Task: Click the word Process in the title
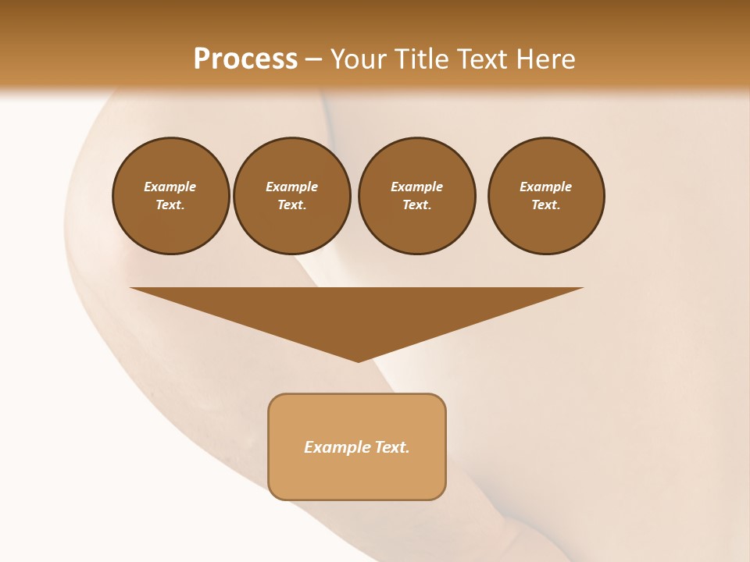[245, 59]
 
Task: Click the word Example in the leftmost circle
[170, 187]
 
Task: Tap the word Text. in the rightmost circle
[546, 205]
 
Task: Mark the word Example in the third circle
[416, 187]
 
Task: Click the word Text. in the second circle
[291, 205]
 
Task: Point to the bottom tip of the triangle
[358, 361]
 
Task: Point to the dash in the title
[313, 59]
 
